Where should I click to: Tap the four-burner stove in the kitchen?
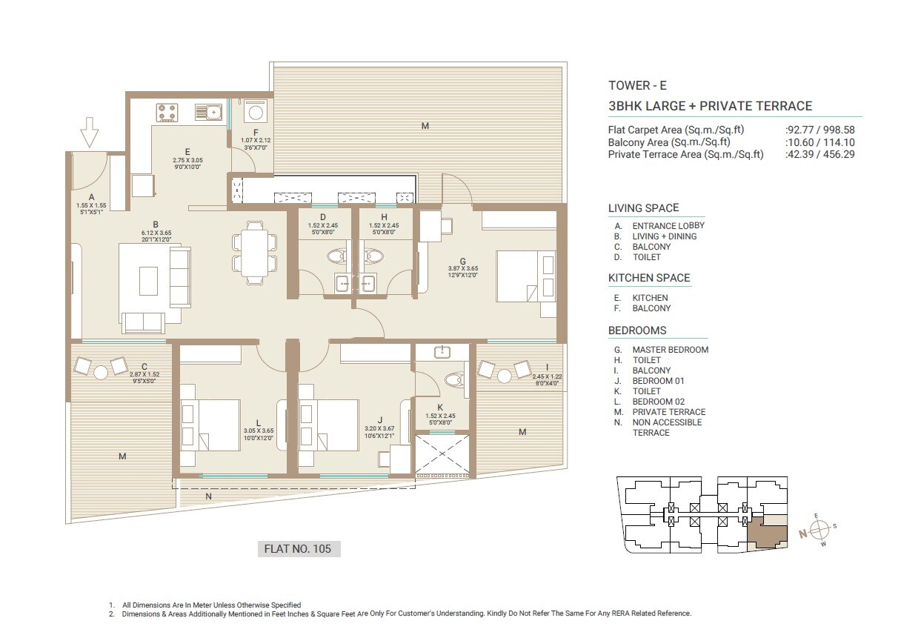point(167,113)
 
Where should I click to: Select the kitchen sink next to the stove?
point(208,113)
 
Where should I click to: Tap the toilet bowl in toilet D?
point(335,256)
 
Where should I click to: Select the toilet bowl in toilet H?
point(374,256)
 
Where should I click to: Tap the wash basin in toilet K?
point(441,352)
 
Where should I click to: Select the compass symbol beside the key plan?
point(819,531)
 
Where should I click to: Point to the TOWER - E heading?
point(636,85)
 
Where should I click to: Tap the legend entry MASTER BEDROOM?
point(670,350)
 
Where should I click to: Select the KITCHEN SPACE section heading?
point(649,278)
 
